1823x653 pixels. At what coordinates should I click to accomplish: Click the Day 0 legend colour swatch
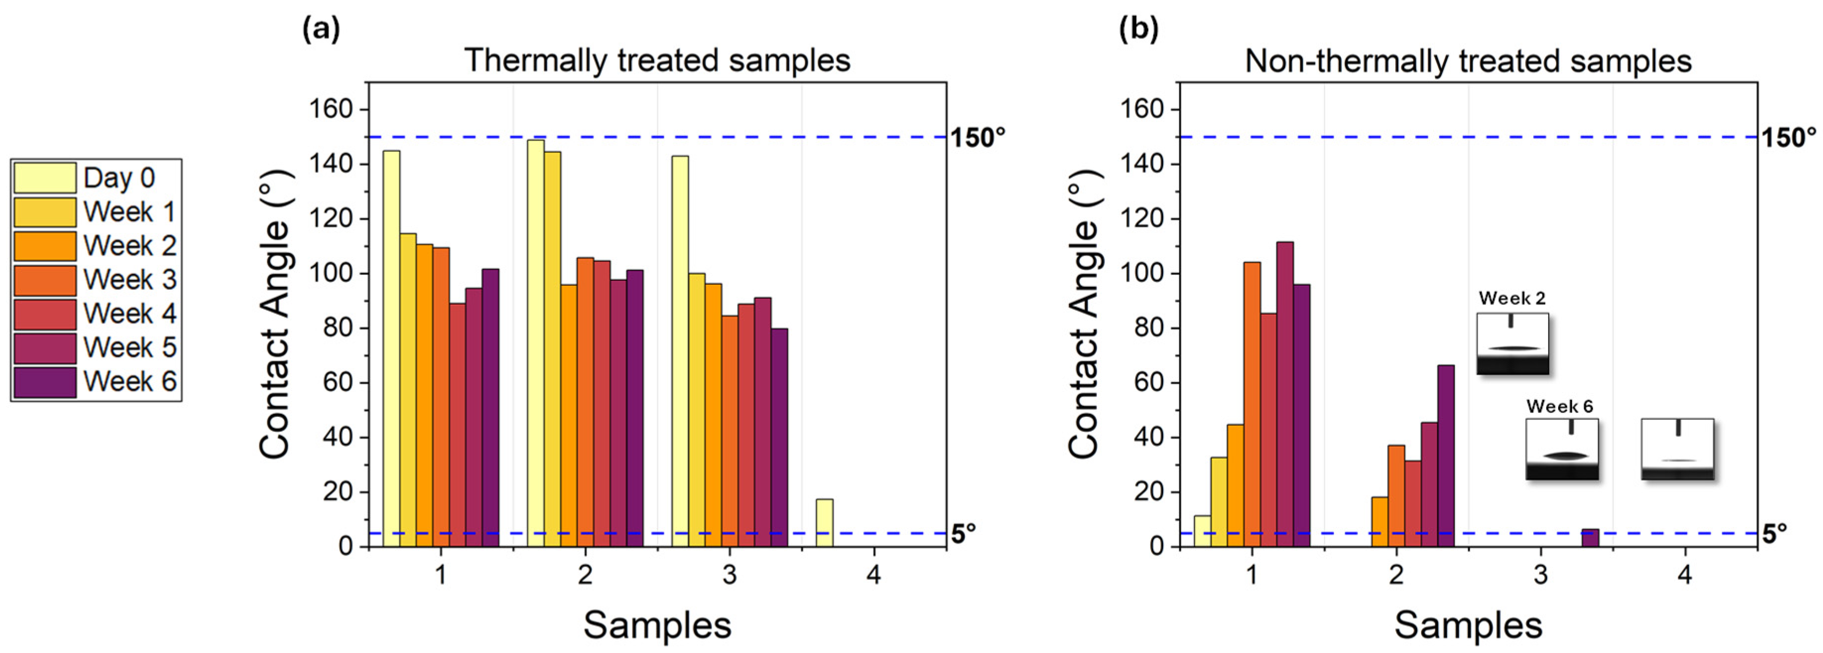click(x=44, y=178)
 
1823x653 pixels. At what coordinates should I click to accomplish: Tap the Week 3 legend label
click(x=129, y=280)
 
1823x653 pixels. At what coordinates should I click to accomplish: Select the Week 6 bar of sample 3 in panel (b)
click(x=1590, y=538)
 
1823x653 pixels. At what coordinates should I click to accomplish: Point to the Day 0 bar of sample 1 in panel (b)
click(x=1201, y=531)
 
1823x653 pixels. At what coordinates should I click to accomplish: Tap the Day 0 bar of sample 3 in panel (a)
click(x=680, y=351)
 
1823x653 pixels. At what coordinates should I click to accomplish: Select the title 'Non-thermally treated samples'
click(x=1468, y=61)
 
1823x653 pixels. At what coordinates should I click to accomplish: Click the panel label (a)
click(x=320, y=30)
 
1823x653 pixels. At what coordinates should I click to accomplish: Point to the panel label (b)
click(x=1138, y=30)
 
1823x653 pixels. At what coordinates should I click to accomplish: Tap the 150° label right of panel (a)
click(x=977, y=137)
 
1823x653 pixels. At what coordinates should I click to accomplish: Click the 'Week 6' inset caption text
click(x=1560, y=406)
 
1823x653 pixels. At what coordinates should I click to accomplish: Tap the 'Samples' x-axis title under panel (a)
click(x=657, y=625)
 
